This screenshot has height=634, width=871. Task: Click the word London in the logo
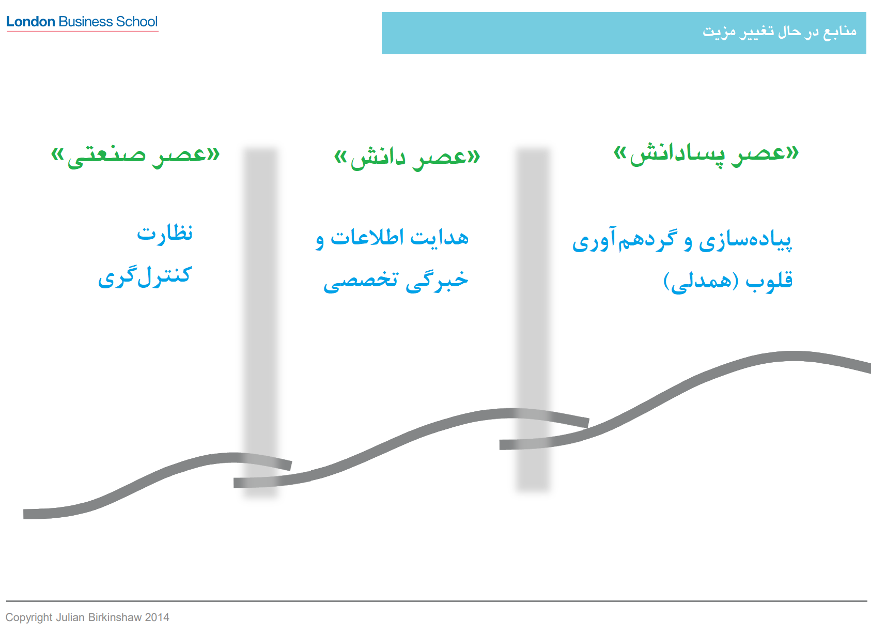[x=30, y=21]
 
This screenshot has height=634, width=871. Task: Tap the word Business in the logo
[x=86, y=21]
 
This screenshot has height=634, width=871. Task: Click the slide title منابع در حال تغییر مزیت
[x=779, y=32]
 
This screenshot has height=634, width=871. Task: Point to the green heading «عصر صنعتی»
[x=135, y=156]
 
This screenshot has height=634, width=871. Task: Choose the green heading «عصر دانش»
[x=407, y=159]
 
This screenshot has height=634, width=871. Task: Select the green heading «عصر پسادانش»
[x=706, y=155]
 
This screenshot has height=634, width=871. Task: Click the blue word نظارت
[x=164, y=234]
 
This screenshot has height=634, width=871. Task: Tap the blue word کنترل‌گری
[x=145, y=277]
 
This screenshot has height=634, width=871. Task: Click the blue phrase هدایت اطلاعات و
[x=392, y=239]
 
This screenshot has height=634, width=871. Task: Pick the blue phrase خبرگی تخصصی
[x=396, y=281]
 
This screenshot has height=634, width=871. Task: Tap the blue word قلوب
[x=769, y=281]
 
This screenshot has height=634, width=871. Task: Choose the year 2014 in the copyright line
[x=157, y=617]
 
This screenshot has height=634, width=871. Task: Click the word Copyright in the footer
[x=29, y=617]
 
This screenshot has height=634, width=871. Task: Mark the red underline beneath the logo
[x=83, y=30]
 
